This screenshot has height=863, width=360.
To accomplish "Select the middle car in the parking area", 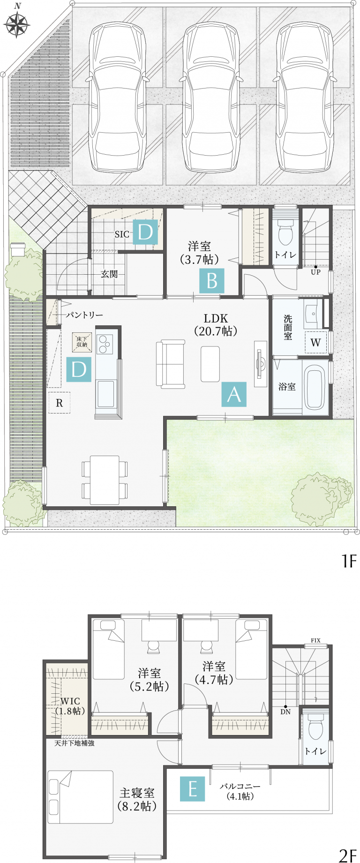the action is [x=211, y=98].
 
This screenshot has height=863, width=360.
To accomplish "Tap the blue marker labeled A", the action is [x=234, y=394].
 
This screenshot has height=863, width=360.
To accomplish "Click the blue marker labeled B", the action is [x=212, y=280].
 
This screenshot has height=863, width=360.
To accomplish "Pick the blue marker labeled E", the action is [x=193, y=789].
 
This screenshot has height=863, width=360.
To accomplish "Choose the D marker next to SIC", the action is [x=145, y=232].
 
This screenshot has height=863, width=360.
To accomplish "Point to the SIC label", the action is [x=122, y=234].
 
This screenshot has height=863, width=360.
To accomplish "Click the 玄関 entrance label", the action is [x=109, y=274].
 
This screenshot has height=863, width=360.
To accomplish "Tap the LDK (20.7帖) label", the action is [x=216, y=325].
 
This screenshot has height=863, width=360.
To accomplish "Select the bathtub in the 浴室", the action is [x=314, y=387].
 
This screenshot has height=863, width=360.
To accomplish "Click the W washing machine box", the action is [x=315, y=342].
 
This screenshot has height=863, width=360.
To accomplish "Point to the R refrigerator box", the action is [x=60, y=403].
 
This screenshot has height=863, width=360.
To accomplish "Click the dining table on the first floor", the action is [x=105, y=480].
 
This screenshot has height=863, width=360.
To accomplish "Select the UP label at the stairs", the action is [x=315, y=272].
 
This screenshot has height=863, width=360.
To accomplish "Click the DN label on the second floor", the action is [x=285, y=712].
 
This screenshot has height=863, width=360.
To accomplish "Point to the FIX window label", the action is [x=315, y=640].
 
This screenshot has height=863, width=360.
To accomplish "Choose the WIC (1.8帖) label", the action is [x=70, y=706].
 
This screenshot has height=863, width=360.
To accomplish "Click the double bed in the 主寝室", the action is [x=80, y=797].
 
